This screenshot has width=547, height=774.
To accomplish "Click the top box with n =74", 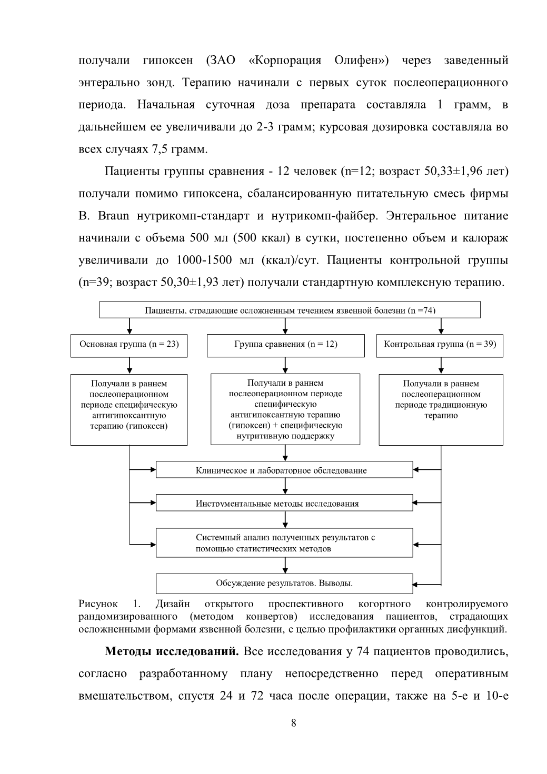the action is pyautogui.click(x=290, y=309).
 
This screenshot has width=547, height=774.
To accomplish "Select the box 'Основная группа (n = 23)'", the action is pyautogui.click(x=129, y=346).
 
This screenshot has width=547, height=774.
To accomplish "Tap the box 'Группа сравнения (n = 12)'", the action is pyautogui.click(x=285, y=346).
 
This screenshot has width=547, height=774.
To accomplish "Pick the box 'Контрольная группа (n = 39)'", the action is pyautogui.click(x=440, y=346).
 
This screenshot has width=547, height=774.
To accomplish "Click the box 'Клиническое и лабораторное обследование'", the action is pyautogui.click(x=284, y=469).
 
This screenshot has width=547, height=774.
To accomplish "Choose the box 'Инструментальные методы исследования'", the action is pyautogui.click(x=284, y=502).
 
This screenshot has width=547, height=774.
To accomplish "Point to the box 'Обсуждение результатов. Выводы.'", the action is pyautogui.click(x=284, y=584).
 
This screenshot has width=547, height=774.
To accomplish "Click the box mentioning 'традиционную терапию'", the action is pyautogui.click(x=441, y=410).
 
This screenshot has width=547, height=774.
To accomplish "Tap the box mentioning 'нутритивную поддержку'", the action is pyautogui.click(x=285, y=409).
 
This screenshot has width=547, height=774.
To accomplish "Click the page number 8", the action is pyautogui.click(x=294, y=723).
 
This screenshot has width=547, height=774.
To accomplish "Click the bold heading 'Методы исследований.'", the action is pyautogui.click(x=172, y=651).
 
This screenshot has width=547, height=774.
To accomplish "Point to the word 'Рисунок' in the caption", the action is pyautogui.click(x=98, y=604).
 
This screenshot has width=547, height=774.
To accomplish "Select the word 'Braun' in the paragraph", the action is pyautogui.click(x=113, y=216).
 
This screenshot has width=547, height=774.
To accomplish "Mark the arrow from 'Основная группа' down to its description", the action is pyautogui.click(x=130, y=365).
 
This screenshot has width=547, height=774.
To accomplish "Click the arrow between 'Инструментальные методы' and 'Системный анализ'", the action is pyautogui.click(x=285, y=519).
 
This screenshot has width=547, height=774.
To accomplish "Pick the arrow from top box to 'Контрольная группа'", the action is pyautogui.click(x=441, y=326).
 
